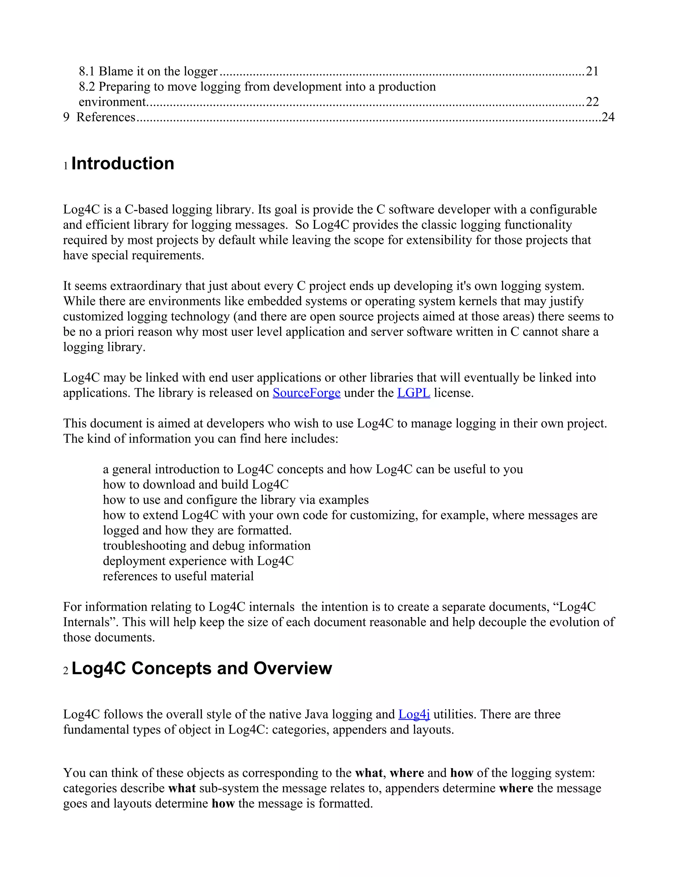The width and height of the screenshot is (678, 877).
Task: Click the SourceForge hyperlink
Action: point(307,393)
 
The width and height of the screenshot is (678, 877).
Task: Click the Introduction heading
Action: point(122,164)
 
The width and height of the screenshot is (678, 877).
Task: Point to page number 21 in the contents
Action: point(592,71)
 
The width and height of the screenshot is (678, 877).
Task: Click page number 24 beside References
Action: point(608,117)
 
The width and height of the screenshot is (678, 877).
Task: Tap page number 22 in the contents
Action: point(592,102)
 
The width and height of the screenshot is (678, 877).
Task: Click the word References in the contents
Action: point(106,117)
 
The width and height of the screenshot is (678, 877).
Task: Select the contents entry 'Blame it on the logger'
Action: point(158,71)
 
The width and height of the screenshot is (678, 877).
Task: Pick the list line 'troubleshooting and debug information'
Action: point(207,546)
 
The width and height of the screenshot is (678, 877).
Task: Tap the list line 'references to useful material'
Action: point(178,576)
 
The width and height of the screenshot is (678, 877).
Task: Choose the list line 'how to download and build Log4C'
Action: point(195,485)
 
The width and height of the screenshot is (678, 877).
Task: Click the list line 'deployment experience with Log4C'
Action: point(198,561)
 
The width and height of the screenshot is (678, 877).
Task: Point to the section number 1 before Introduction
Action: point(66,166)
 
